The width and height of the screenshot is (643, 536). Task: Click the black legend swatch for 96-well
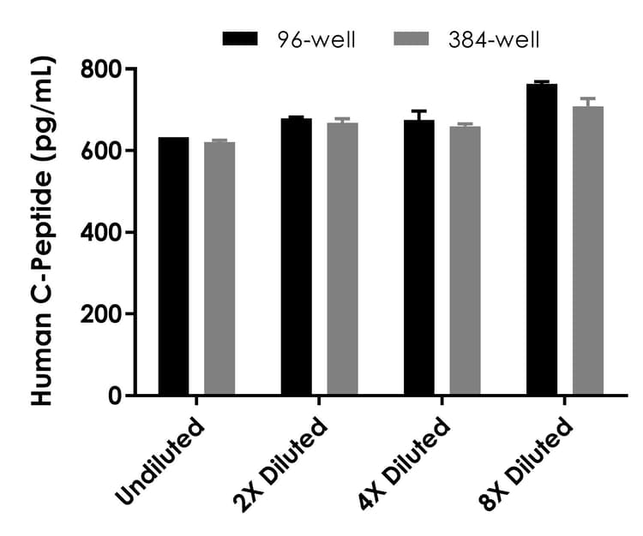[240, 39]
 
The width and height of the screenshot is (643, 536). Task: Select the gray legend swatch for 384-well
[410, 39]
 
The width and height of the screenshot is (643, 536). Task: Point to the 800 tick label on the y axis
[100, 68]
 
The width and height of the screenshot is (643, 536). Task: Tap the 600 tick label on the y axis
[100, 151]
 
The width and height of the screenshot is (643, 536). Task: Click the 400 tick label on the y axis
[100, 232]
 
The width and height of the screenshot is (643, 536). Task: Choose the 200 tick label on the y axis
[100, 314]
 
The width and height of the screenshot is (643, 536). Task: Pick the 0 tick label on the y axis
[115, 396]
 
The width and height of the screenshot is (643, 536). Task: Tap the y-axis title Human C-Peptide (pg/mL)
[43, 231]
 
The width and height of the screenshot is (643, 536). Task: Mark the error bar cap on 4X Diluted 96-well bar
[418, 111]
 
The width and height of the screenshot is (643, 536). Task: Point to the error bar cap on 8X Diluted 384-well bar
[588, 98]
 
